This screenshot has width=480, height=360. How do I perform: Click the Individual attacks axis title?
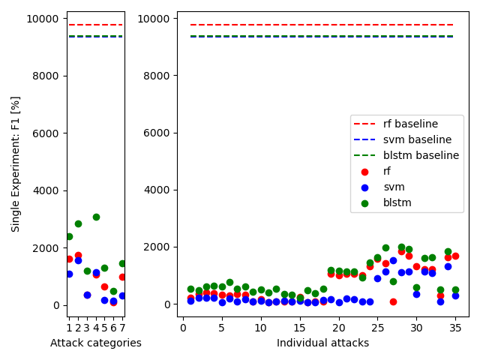[322, 343]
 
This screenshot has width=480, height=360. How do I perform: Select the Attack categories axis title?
[96, 343]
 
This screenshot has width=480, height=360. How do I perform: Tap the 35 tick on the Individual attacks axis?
[455, 327]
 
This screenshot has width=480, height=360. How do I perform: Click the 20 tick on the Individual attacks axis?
[338, 327]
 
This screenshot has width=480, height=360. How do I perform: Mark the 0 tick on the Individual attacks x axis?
[182, 327]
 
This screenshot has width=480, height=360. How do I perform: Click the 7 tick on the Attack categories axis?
[122, 327]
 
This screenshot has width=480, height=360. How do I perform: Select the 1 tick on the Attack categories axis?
[69, 327]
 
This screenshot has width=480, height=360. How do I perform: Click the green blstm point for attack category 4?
[96, 217]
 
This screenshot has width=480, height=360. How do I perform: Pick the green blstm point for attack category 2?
[78, 223]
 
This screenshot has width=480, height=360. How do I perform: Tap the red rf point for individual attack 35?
[455, 256]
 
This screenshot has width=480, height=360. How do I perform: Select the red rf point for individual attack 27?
[393, 301]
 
